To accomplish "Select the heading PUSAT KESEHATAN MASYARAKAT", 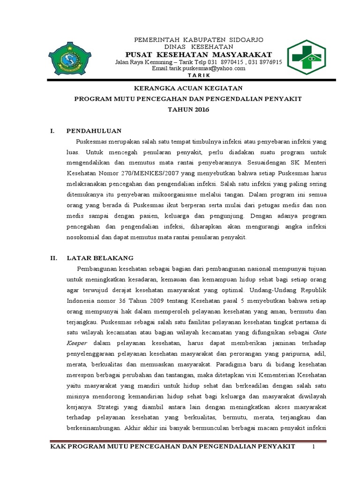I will [x=199, y=55].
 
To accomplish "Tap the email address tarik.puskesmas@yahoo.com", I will [x=199, y=68].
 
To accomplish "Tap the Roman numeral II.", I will [x=53, y=258].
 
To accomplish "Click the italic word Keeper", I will [x=77, y=343].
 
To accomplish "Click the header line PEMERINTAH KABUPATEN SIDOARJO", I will [x=199, y=38].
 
